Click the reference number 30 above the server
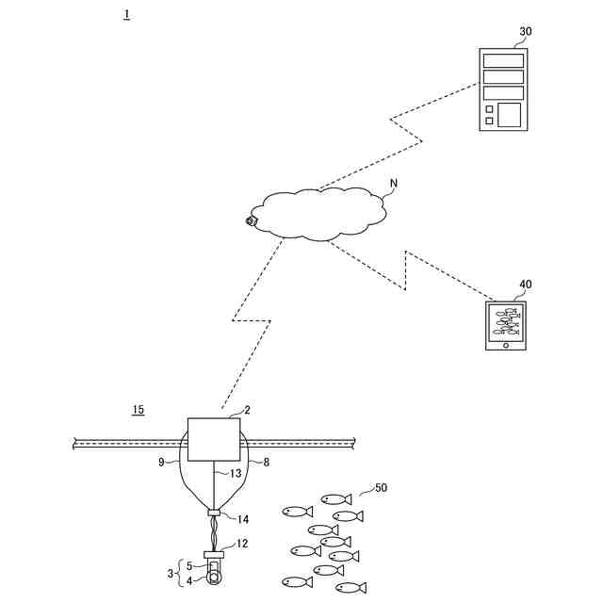pos(525,31)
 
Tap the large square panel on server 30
pos(509,115)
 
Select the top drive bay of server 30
pos(503,61)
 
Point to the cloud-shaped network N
pos(320,213)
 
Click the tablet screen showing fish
pos(506,321)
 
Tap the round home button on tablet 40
pos(506,344)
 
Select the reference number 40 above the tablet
pos(525,284)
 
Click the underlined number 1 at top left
pos(126,15)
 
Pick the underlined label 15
pos(139,410)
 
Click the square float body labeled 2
pos(213,438)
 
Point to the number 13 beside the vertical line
pos(236,473)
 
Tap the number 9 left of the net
pos(161,463)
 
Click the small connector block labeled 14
pos(214,513)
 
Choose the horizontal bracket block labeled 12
pos(214,553)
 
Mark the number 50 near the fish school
pos(381,488)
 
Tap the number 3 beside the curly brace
pos(171,573)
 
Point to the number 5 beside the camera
pos(188,566)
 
